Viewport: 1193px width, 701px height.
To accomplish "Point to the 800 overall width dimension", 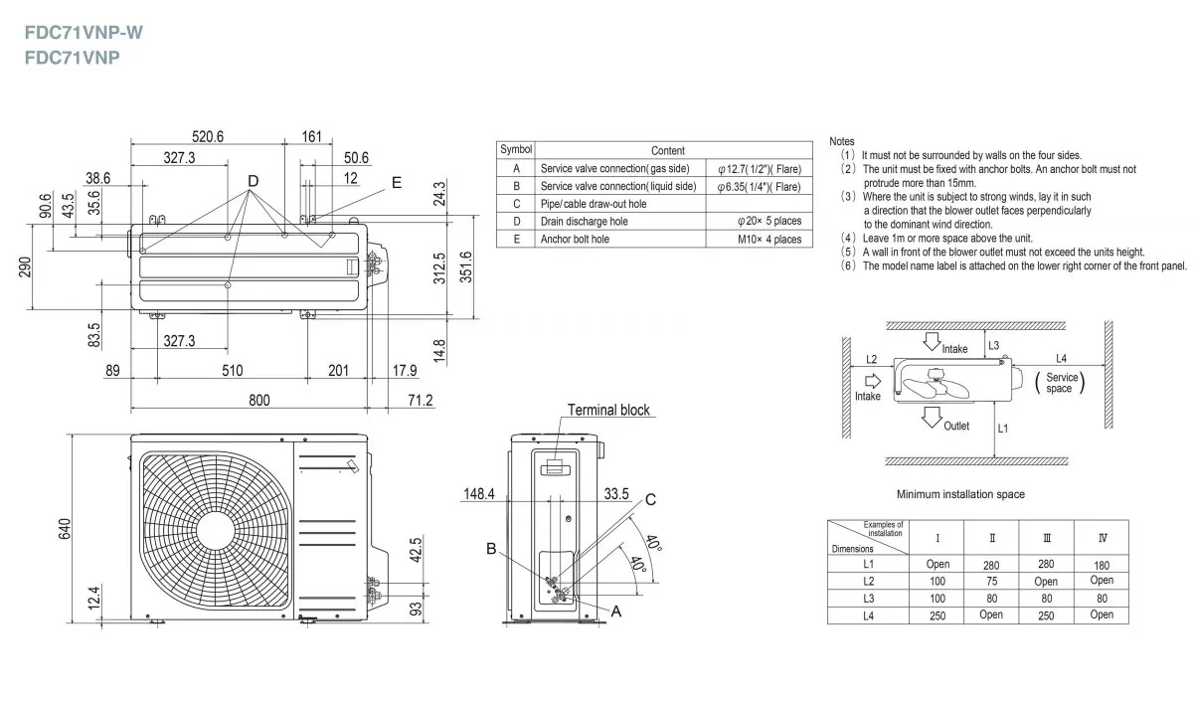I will point(258,400).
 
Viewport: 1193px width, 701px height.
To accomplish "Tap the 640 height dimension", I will point(65,529).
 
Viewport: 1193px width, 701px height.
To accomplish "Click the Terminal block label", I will point(608,410).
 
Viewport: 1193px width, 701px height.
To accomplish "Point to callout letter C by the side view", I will point(650,500).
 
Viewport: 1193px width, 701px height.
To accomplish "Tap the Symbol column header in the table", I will point(516,149).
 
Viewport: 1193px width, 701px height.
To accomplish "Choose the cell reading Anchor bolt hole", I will point(575,239).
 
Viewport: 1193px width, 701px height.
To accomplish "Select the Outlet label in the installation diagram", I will point(956,426).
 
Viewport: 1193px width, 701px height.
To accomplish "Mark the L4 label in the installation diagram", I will point(1061,358).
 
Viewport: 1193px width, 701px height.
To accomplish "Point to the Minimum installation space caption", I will point(960,494).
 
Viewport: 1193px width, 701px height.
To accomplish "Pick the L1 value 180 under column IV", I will point(1102,564).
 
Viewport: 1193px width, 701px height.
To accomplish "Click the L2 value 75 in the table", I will point(990,581).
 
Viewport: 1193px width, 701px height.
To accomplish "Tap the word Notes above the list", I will point(842,142).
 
